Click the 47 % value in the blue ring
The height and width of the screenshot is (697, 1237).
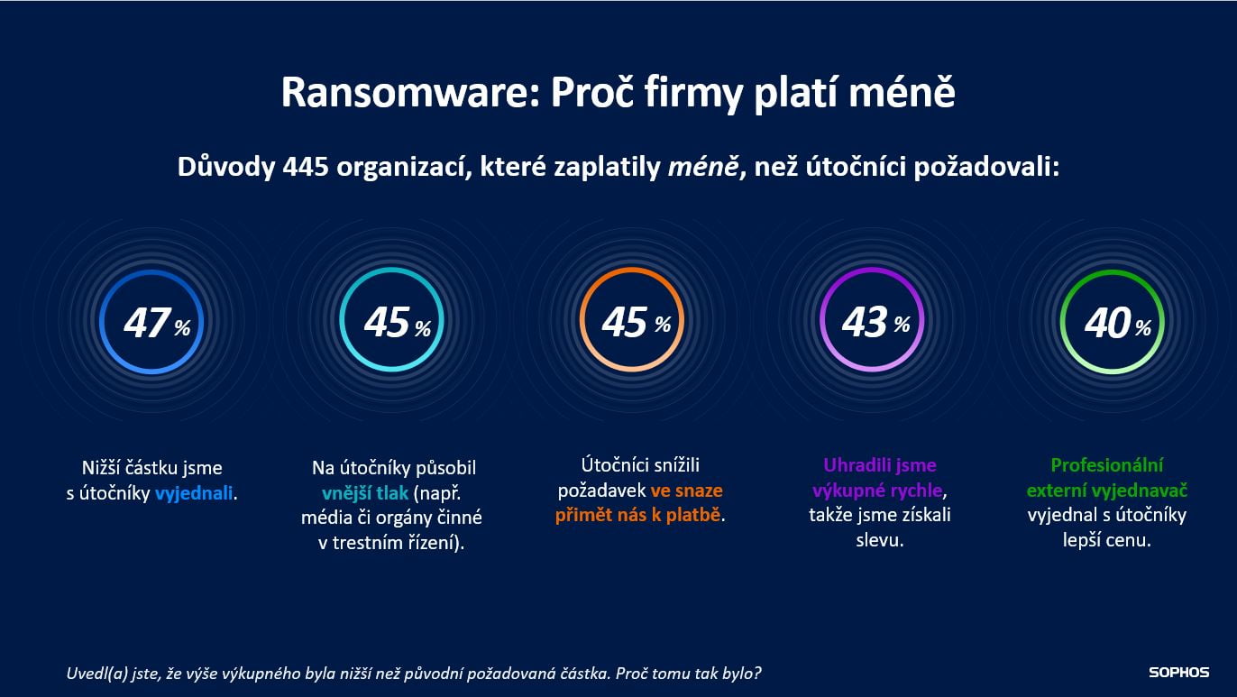(154, 323)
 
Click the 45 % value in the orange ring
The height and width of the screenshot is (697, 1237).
(633, 323)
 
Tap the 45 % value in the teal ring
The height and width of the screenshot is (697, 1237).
(394, 323)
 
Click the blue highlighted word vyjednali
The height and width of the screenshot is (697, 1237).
(194, 493)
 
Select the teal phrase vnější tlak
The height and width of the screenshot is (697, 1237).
(365, 493)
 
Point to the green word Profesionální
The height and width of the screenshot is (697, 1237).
(1107, 465)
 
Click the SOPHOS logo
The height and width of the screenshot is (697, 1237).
(1178, 673)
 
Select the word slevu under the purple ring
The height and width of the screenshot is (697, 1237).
(878, 540)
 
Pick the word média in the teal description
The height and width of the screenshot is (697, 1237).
(328, 518)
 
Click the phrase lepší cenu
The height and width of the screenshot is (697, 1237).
(1107, 541)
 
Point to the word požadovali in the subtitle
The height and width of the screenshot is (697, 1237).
(1000, 168)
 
